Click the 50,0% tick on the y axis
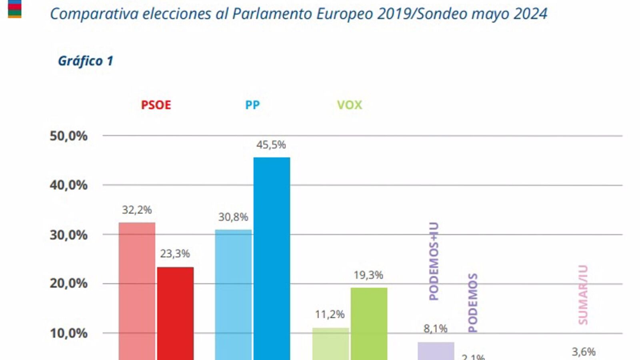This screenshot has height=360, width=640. pos(68,136)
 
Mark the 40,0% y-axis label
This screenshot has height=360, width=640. pos(68,185)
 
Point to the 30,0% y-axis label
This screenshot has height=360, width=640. pos(68,235)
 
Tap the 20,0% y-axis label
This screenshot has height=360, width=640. pos(68,284)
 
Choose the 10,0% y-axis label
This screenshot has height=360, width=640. pos(68,333)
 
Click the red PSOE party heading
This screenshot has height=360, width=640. pos(156,105)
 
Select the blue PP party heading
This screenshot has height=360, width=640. pos(252,105)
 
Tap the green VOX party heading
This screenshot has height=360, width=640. pos(349,105)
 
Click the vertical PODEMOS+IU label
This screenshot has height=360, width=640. pos(434,261)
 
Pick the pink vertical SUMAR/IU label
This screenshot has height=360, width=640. pos(583,294)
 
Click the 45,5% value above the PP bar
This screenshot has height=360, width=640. pos(271,145)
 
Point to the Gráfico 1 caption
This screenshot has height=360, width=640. pos(86,61)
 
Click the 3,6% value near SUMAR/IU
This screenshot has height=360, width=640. pos(584,352)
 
